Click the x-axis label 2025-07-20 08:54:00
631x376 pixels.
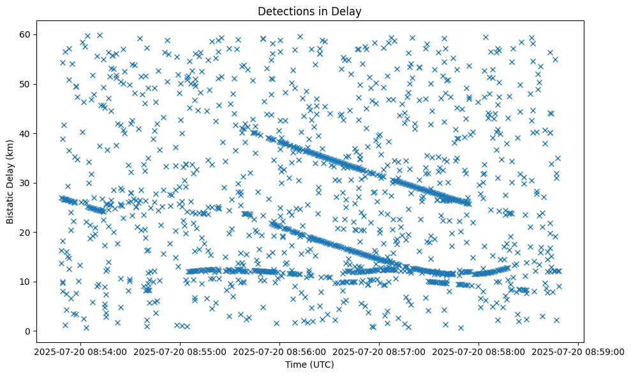click(x=81, y=352)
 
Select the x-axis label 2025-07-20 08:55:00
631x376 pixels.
click(x=181, y=352)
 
